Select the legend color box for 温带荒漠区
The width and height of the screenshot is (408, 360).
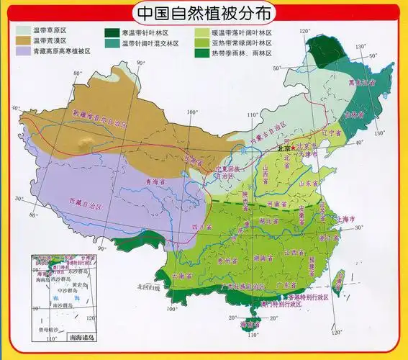point(22,41)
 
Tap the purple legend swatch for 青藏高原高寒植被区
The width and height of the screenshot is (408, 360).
point(22,51)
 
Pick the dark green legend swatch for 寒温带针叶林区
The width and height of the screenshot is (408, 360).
point(112,32)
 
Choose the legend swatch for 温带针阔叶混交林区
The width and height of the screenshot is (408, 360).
point(112,43)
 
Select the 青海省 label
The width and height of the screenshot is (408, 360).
point(157,183)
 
